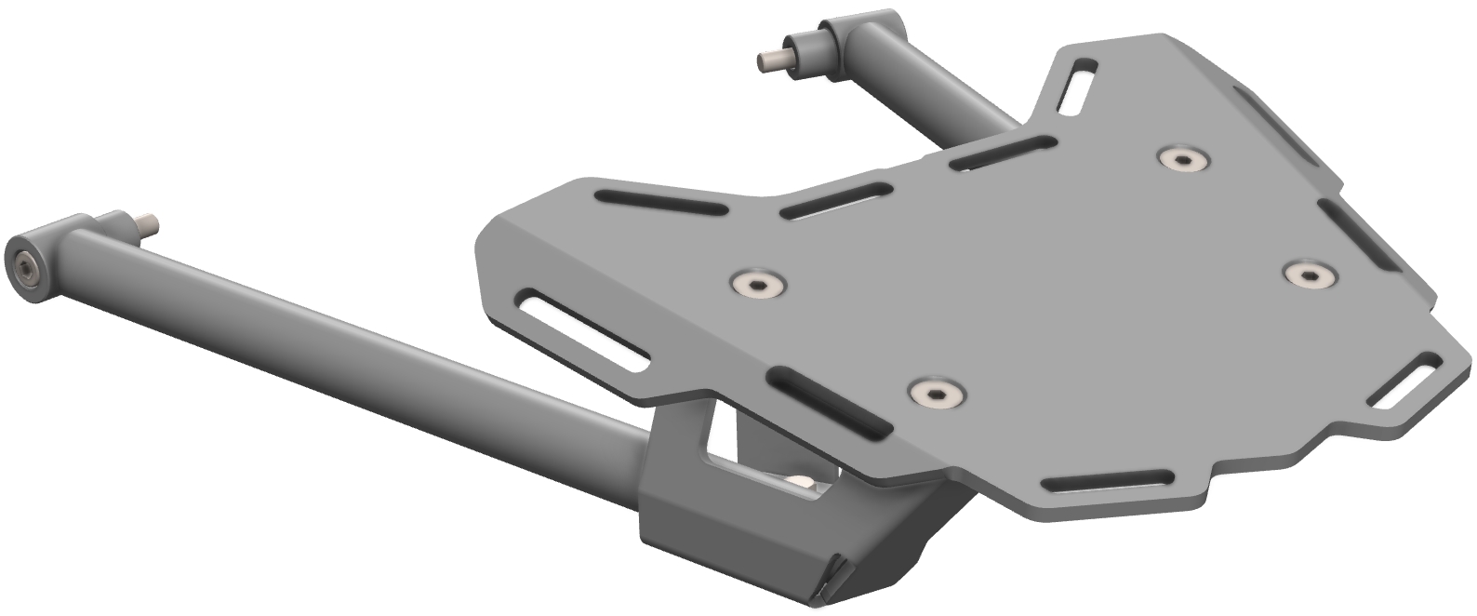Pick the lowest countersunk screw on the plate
click(935, 394)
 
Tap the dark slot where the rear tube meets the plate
click(1003, 152)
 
